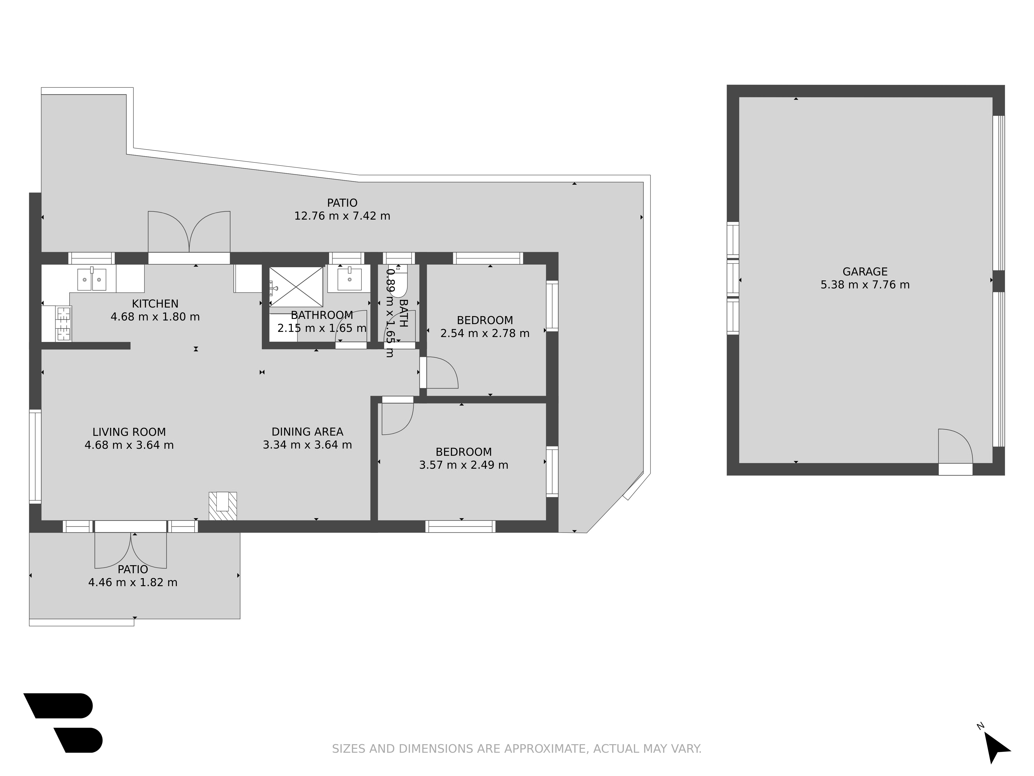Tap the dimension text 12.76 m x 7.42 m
pos(342,216)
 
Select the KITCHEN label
pos(155,304)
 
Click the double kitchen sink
pos(92,279)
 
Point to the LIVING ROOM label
pos(129,432)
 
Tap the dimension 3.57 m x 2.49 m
pos(464,465)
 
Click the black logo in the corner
pos(63,723)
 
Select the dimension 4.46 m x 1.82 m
pos(133,582)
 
